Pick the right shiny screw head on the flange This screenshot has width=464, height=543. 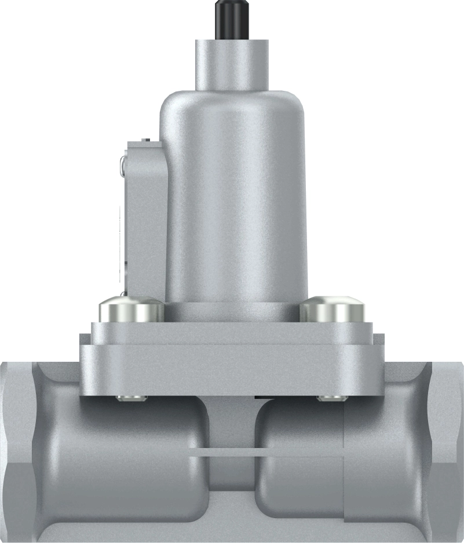click(x=333, y=310)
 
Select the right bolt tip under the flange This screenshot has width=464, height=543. click(x=331, y=398)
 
